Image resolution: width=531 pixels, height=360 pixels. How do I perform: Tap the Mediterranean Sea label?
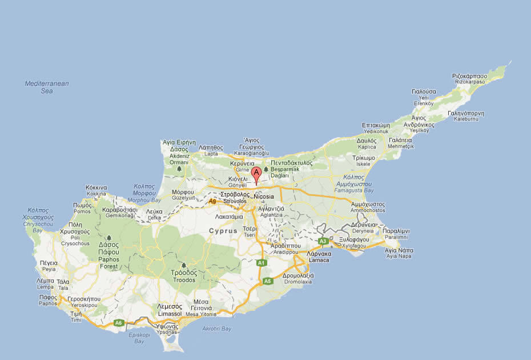tap(47, 87)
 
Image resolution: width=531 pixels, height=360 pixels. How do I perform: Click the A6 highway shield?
tap(118, 323)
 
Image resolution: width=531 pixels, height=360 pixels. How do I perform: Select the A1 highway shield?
tap(262, 262)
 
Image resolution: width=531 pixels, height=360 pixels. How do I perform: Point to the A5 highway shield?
tap(268, 281)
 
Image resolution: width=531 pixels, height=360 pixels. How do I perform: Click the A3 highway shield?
tap(323, 241)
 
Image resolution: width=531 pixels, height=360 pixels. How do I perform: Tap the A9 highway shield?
tap(212, 201)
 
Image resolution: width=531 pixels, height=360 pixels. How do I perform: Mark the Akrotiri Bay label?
tap(217, 329)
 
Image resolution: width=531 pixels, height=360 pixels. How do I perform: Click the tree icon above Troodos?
tap(184, 266)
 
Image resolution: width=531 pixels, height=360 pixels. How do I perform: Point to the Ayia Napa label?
tap(398, 253)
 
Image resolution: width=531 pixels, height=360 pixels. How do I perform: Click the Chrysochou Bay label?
tap(38, 224)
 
